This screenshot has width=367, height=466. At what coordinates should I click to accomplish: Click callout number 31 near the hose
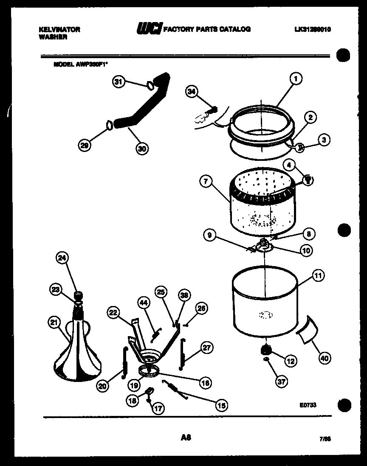(x=120, y=83)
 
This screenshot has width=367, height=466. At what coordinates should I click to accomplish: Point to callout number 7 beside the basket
(x=206, y=181)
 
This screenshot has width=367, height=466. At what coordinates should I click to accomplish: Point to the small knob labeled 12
(x=266, y=349)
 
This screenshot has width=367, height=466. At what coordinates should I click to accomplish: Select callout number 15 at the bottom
(x=221, y=405)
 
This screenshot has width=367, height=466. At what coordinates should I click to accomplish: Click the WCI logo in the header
(x=148, y=29)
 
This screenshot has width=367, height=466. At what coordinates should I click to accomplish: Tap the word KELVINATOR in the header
(x=59, y=29)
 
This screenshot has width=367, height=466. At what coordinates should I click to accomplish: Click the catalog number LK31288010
(x=312, y=29)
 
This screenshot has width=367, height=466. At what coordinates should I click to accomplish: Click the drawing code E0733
(x=308, y=405)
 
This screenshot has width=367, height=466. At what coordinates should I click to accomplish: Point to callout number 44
(x=144, y=302)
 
